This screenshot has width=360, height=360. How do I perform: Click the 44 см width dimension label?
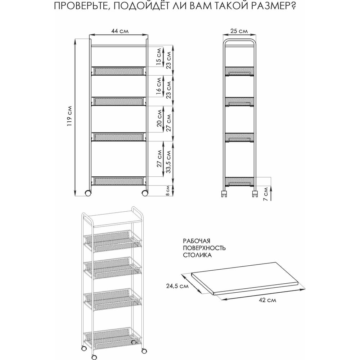click(x=120, y=31)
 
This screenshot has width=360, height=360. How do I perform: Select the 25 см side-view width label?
click(x=239, y=31)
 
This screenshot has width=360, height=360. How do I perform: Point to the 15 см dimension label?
click(x=158, y=57)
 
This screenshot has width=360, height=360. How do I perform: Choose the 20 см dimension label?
click(x=159, y=118)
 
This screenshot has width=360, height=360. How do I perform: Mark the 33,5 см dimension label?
click(x=168, y=162)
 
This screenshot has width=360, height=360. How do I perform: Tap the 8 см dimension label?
click(x=168, y=191)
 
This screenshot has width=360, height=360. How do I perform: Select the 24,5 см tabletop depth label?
click(x=177, y=286)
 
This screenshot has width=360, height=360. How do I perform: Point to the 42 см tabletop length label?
click(x=267, y=300)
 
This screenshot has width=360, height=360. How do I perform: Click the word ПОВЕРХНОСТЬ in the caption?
click(x=204, y=248)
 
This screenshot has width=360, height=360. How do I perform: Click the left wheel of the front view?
click(x=88, y=193)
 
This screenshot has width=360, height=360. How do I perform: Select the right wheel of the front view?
click(x=145, y=193)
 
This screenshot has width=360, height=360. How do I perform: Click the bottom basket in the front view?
click(x=118, y=181)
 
